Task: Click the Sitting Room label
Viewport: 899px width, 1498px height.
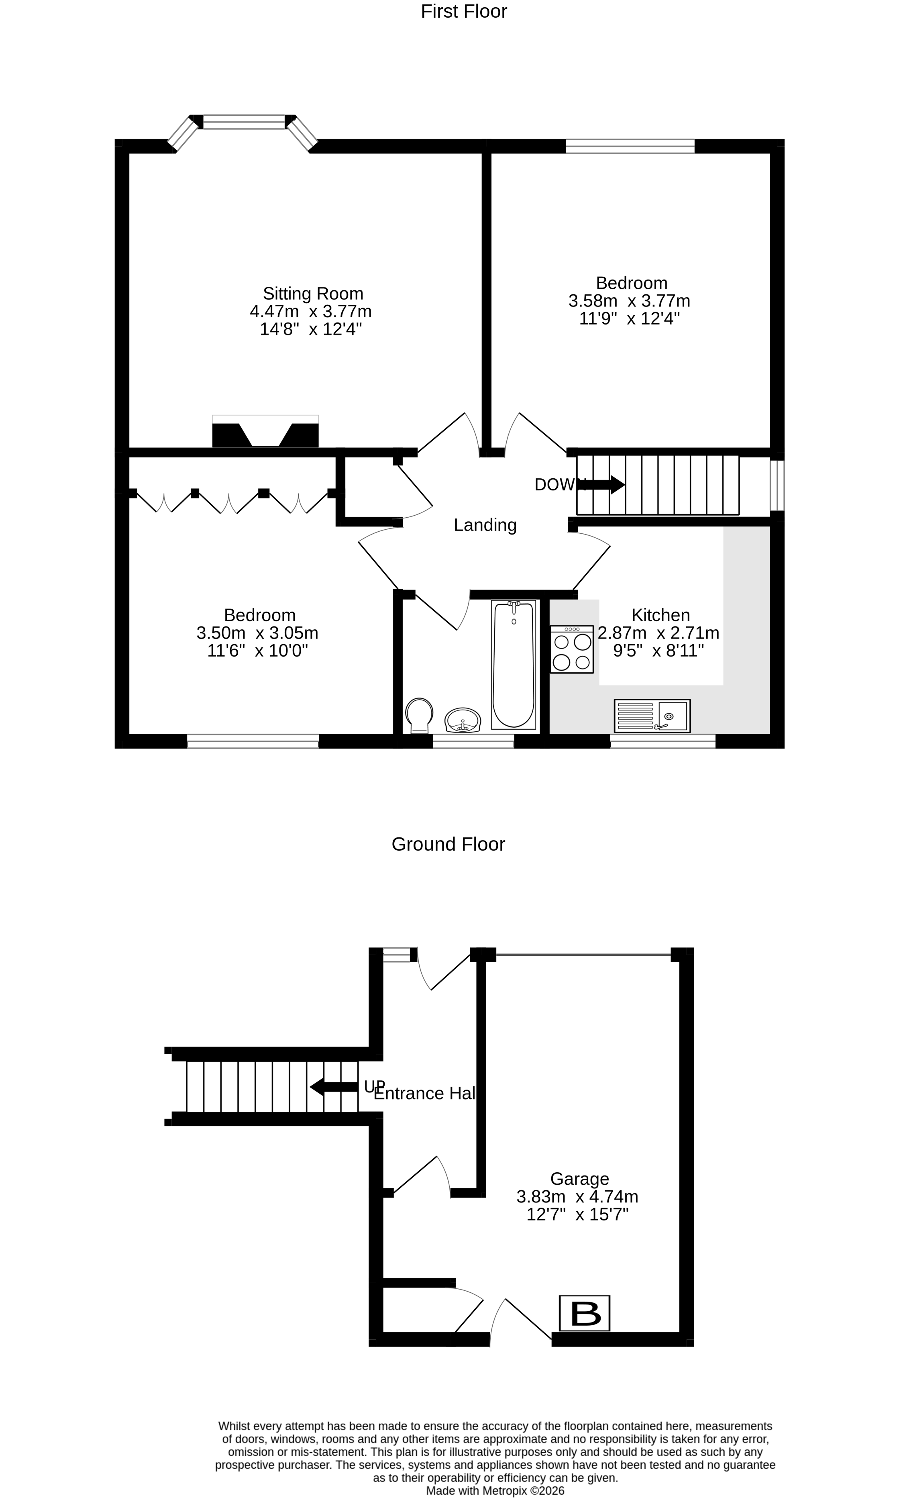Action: (313, 294)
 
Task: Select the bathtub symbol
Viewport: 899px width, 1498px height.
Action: (513, 665)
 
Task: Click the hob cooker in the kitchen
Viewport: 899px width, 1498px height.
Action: (571, 650)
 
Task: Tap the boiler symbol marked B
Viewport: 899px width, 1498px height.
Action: (584, 1313)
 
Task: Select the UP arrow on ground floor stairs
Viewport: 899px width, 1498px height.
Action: (334, 1087)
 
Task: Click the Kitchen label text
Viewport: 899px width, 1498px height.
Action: (660, 615)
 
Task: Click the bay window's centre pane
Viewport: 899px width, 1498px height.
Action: (244, 122)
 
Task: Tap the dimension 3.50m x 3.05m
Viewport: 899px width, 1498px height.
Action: (257, 633)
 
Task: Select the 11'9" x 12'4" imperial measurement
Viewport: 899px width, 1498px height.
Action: (630, 318)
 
